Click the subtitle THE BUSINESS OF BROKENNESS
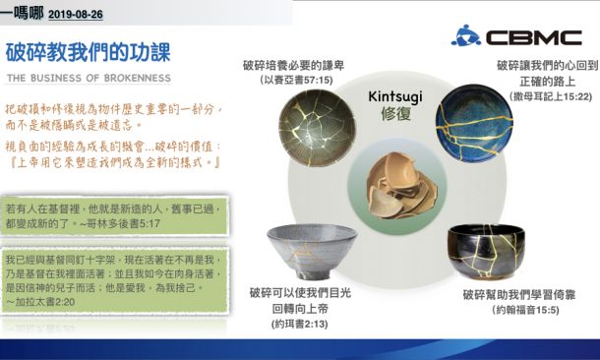89,78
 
